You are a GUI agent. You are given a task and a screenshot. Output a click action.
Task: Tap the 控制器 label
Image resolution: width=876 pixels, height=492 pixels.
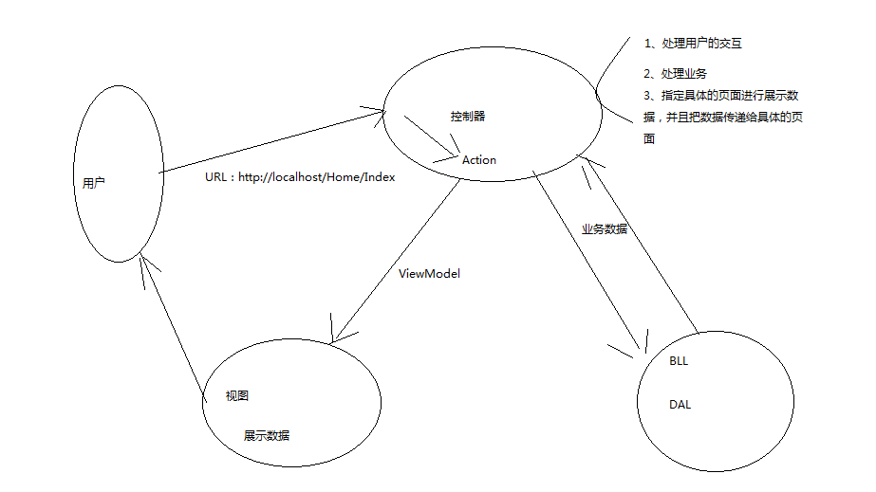point(468,117)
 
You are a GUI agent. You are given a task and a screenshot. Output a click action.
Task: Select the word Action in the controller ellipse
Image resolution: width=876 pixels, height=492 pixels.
point(478,160)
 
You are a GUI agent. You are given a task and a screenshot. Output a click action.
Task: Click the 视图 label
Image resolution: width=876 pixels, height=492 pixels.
point(237,395)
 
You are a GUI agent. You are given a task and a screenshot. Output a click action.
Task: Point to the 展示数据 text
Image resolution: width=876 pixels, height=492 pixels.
point(267,436)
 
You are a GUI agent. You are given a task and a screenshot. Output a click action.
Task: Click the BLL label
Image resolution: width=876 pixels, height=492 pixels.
point(679,361)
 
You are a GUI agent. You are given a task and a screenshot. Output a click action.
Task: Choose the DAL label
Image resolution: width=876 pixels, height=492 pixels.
point(680,405)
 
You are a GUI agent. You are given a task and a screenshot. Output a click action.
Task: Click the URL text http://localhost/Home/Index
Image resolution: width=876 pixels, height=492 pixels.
point(300,177)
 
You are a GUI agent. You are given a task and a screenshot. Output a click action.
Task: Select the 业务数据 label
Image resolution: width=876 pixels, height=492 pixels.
point(605,229)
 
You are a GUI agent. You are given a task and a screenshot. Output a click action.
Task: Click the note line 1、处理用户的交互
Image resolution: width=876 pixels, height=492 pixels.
point(691,43)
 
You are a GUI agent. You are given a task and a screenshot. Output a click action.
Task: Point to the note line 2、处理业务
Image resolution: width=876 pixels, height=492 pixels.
point(674,74)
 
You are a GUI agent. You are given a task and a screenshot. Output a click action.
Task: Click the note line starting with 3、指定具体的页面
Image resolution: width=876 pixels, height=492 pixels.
point(720,96)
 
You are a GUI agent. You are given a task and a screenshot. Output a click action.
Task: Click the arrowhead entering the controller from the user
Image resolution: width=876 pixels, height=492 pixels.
point(381,111)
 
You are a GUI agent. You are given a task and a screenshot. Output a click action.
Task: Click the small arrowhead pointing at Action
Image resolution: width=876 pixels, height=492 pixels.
point(452,153)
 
